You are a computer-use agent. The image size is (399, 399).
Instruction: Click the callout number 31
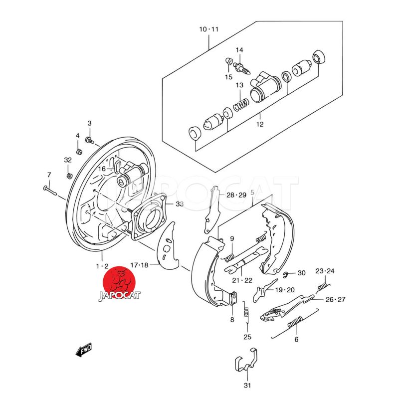coord(248,385)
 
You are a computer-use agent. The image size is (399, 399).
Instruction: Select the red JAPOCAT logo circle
coord(120,283)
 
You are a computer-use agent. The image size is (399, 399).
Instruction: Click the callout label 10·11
coord(209,29)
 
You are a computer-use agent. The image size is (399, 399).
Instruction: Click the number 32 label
coord(68,160)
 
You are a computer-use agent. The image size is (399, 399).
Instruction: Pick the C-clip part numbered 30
coord(287,274)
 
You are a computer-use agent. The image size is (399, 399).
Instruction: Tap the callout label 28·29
coord(236,195)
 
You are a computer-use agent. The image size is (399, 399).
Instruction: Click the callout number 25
coord(247,337)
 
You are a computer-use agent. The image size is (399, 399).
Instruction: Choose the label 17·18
coord(138,265)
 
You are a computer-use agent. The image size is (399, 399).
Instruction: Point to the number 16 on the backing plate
coord(102,169)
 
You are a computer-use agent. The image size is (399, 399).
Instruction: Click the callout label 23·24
coord(325,271)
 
